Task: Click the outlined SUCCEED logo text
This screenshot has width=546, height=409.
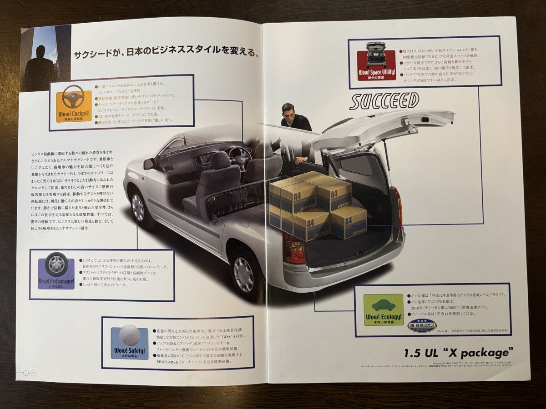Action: pyautogui.click(x=384, y=100)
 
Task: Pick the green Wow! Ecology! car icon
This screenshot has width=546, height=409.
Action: pyautogui.click(x=383, y=309)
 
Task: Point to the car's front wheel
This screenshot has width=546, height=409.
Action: pyautogui.click(x=137, y=207)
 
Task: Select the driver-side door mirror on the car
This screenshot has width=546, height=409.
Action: pyautogui.click(x=149, y=164)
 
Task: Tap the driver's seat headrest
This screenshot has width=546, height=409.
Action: pyautogui.click(x=220, y=160)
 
